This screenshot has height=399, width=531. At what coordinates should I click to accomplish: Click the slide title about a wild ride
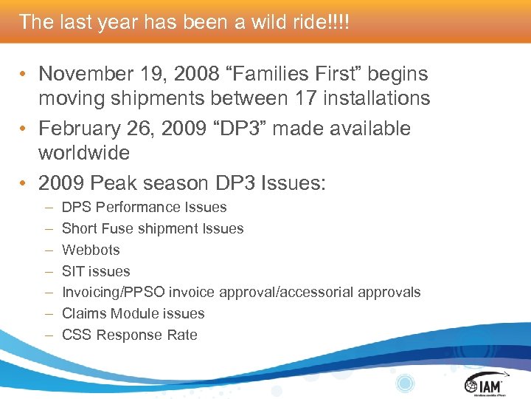[184, 21]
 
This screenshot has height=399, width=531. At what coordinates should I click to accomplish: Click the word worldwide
[84, 153]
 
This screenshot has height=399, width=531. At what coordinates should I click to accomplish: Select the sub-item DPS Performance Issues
[144, 208]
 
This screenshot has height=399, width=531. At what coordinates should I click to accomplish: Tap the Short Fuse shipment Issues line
[153, 229]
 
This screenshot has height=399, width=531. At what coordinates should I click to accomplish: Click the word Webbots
[91, 250]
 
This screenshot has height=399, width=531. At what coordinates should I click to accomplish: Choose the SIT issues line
[96, 271]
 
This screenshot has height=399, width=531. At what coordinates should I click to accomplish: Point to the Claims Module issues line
[133, 313]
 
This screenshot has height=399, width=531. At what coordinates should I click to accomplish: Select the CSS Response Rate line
[130, 335]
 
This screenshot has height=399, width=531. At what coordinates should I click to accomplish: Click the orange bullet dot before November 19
[24, 75]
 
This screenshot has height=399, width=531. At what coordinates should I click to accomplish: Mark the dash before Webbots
[48, 250]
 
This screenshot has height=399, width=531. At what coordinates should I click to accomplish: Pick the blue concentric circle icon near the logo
[405, 383]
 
